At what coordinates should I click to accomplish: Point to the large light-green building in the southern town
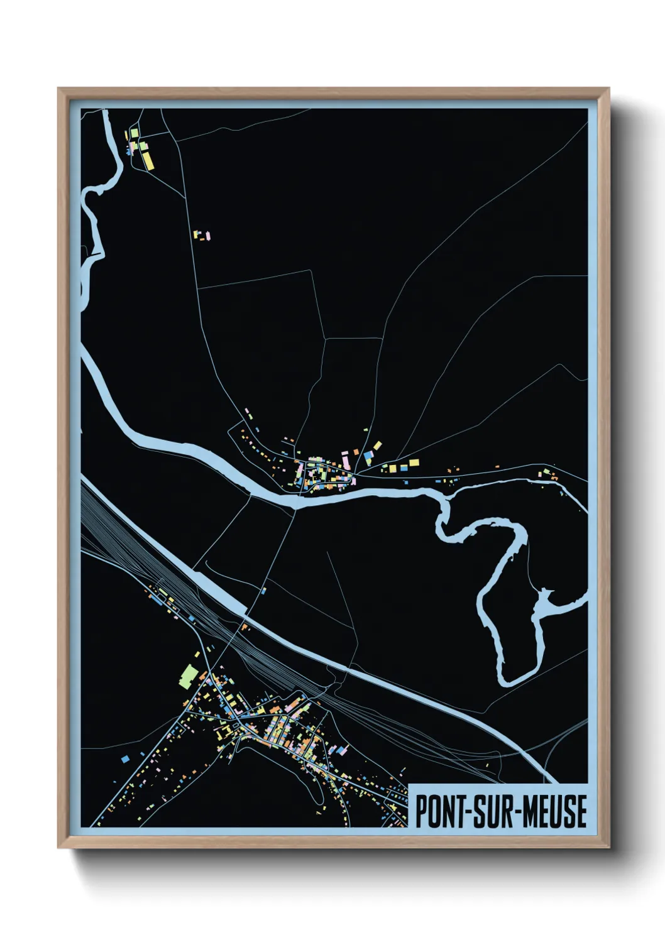click(x=188, y=676)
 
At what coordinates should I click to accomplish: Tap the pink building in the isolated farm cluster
click(x=208, y=236)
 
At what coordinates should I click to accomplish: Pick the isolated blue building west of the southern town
click(x=125, y=759)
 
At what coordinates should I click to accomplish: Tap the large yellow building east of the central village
click(x=414, y=463)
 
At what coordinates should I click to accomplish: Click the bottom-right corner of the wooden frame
click(x=608, y=848)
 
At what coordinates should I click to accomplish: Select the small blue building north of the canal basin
click(x=264, y=590)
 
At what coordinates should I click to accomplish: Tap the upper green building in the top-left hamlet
click(x=134, y=133)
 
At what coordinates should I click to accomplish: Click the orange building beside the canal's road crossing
click(x=245, y=626)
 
